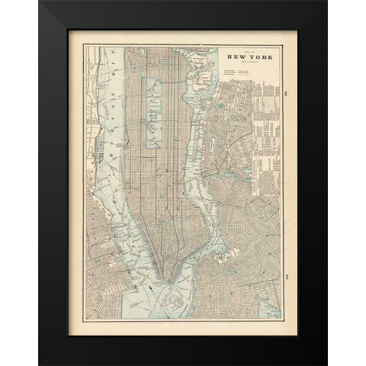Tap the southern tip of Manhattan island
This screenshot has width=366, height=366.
(162, 275)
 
